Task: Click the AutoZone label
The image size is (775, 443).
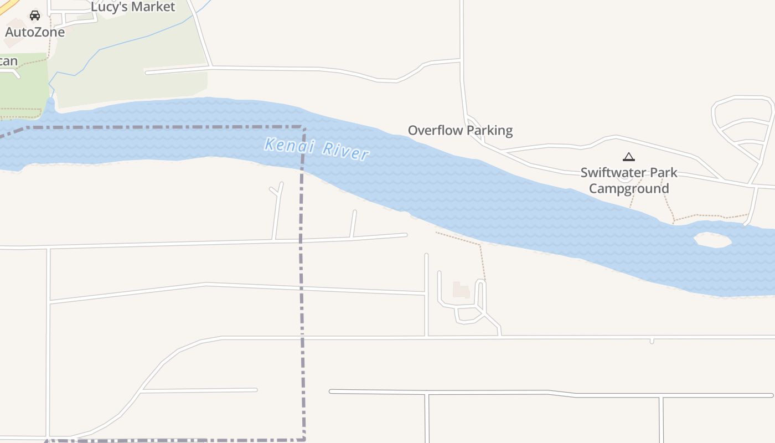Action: pos(35,32)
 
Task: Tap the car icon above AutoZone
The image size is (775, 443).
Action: pos(35,16)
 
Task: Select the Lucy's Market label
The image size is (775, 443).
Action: pos(133,7)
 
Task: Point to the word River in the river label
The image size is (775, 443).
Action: pos(345,151)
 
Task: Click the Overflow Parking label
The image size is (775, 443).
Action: pos(460,131)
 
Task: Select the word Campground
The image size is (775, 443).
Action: pos(629,188)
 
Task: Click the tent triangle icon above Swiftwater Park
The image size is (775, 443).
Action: pos(628,157)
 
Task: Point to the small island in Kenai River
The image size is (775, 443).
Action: pos(712,240)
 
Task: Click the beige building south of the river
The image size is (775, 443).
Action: pos(461,290)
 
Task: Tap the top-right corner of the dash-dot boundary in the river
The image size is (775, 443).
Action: pos(304,128)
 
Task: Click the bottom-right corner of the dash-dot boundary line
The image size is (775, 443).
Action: pos(304,439)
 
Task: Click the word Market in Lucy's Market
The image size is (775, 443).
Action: pos(152,7)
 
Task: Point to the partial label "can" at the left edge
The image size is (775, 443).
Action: pos(8,61)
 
